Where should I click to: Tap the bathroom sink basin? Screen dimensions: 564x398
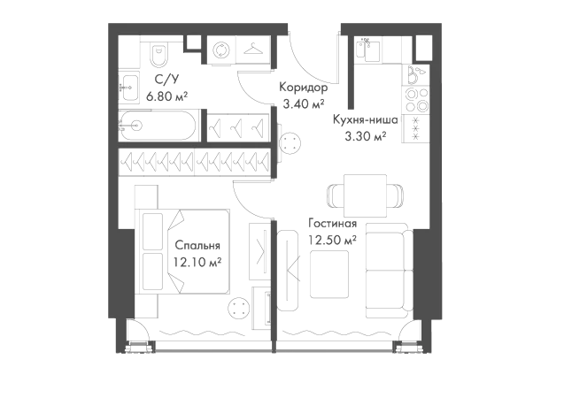pyautogui.click(x=128, y=88)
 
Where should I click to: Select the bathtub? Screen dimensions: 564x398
pyautogui.click(x=158, y=126)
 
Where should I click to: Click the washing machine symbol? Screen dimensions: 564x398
pyautogui.click(x=220, y=50)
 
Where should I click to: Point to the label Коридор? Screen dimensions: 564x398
pyautogui.click(x=303, y=88)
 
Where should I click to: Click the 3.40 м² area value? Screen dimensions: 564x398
pyautogui.click(x=304, y=103)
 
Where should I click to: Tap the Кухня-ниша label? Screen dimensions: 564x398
pyautogui.click(x=365, y=119)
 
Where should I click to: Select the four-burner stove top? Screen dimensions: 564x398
pyautogui.click(x=416, y=100)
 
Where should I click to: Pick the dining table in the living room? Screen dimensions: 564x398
pyautogui.click(x=365, y=195)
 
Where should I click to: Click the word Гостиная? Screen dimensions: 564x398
pyautogui.click(x=333, y=224)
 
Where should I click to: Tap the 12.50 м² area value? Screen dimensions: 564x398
pyautogui.click(x=332, y=240)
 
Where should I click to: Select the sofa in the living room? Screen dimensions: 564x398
pyautogui.click(x=390, y=270)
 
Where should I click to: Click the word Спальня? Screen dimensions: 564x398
pyautogui.click(x=197, y=246)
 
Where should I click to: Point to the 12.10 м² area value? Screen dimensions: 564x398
pyautogui.click(x=197, y=262)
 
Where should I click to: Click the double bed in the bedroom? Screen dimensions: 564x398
pyautogui.click(x=182, y=251)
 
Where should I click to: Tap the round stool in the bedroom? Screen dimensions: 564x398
pyautogui.click(x=238, y=309)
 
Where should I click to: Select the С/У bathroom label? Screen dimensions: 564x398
pyautogui.click(x=166, y=80)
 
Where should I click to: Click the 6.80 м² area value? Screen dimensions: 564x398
pyautogui.click(x=166, y=96)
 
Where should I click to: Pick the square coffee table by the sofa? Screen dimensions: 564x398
pyautogui.click(x=329, y=274)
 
